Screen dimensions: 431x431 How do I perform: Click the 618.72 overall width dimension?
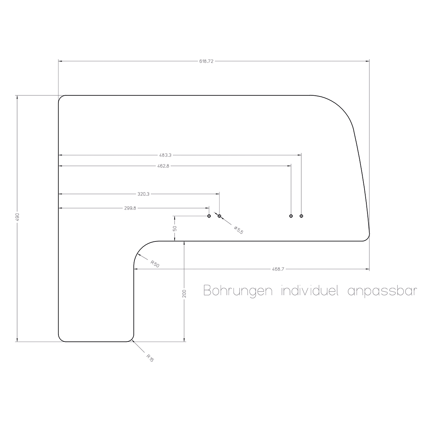(206, 61)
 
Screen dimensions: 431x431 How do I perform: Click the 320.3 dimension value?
(144, 194)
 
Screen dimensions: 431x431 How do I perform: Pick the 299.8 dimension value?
(130, 208)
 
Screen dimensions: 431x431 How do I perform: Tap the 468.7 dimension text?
(278, 269)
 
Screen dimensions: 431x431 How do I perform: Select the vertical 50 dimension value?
(175, 228)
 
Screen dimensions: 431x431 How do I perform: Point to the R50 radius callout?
(155, 264)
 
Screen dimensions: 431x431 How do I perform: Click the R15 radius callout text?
(150, 358)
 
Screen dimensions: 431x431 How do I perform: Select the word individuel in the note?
(309, 291)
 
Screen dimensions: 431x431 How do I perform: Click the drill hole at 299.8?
(209, 216)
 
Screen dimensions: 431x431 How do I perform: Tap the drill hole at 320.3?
(219, 216)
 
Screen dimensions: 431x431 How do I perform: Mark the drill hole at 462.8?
(291, 216)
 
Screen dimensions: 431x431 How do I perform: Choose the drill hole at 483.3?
(301, 216)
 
